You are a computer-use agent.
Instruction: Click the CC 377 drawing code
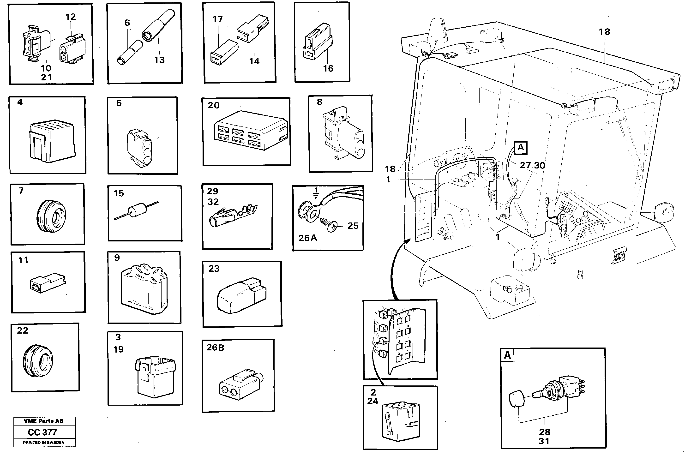[42, 432]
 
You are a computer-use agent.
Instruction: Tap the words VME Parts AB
[44, 421]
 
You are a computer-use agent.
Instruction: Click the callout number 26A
[308, 238]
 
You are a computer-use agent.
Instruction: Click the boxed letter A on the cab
[520, 148]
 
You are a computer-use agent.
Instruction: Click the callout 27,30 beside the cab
[532, 165]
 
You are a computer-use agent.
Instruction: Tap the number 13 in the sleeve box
[159, 60]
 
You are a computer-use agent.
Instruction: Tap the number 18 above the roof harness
[604, 32]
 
